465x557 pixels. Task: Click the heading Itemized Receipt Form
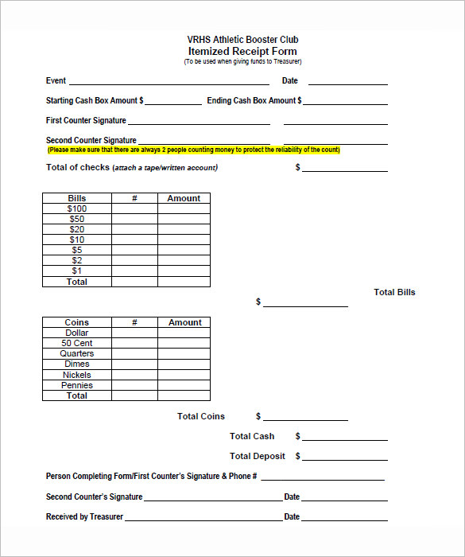[x=242, y=51]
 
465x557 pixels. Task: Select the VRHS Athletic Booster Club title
[x=242, y=40]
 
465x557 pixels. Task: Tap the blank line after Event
[x=169, y=82]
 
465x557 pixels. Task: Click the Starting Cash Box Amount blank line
[x=173, y=102]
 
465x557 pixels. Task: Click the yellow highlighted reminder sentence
[x=193, y=150]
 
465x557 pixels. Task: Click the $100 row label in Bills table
[x=77, y=209]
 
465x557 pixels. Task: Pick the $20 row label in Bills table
[x=77, y=230]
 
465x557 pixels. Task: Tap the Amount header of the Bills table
[x=184, y=198]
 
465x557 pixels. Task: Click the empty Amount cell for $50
[x=184, y=220]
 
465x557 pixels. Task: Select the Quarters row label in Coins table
[x=77, y=354]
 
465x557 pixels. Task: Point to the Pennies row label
[x=77, y=385]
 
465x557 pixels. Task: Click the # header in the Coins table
[x=134, y=322]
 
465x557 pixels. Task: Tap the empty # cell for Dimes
[x=134, y=364]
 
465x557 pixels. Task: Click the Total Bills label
[x=394, y=292]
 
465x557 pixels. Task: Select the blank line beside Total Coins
[x=305, y=418]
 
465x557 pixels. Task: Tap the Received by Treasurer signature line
[x=203, y=518]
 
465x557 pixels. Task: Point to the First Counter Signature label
[x=86, y=121]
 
